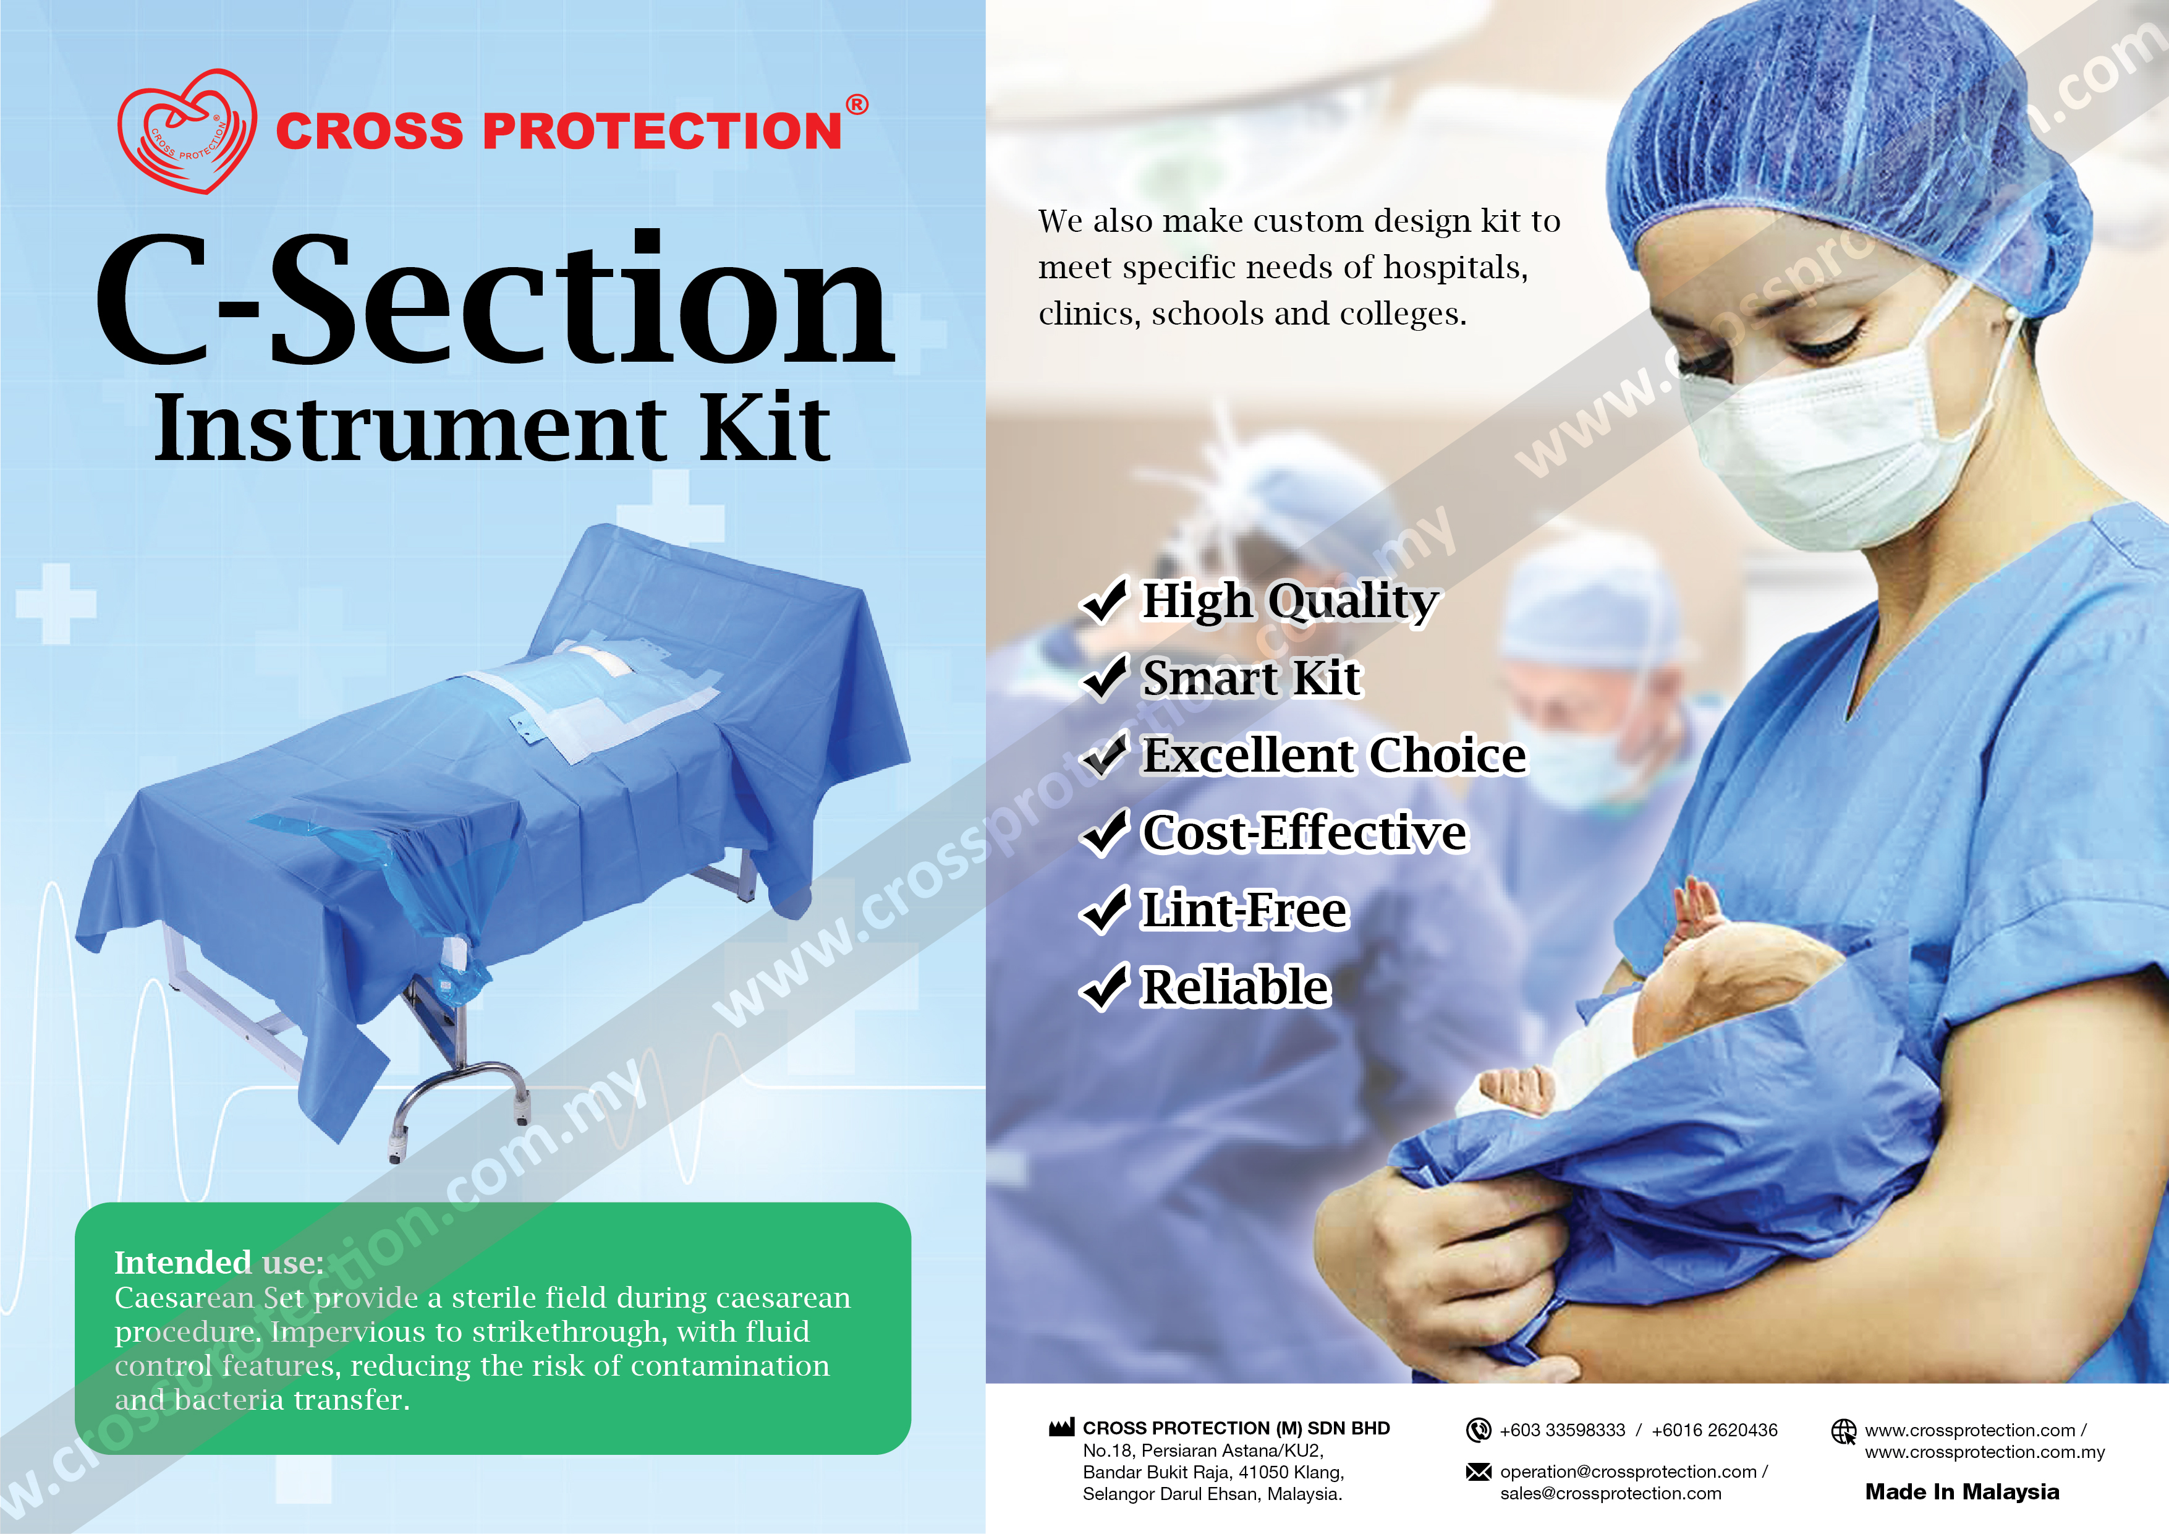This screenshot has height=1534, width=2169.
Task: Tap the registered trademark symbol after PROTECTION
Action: tap(856, 105)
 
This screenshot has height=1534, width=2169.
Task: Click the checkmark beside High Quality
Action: tap(1103, 600)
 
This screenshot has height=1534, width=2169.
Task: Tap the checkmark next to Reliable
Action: tap(1103, 987)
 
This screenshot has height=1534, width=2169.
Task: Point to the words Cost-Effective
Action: tap(1305, 833)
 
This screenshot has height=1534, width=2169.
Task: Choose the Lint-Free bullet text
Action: tap(1244, 910)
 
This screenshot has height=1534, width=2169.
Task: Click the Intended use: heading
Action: tap(219, 1263)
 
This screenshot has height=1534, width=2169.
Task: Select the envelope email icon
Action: tap(1479, 1472)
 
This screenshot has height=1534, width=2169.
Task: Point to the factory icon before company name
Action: tap(1062, 1427)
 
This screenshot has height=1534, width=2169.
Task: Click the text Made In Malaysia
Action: tap(1962, 1491)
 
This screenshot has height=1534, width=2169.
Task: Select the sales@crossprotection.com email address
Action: tap(1611, 1493)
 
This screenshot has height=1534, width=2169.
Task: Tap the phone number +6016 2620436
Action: tap(1715, 1430)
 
